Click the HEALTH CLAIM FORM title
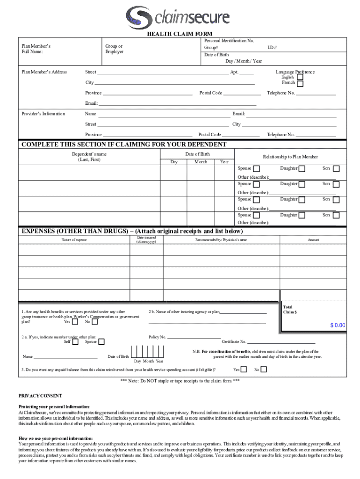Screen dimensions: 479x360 [x=180, y=34]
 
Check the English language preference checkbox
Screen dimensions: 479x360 [x=300, y=77]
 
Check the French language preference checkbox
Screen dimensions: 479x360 [x=300, y=84]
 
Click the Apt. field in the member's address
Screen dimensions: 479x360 [x=246, y=73]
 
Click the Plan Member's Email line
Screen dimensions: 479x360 [x=177, y=103]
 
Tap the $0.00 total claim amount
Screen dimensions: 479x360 [x=337, y=325]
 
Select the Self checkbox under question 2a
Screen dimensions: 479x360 [x=75, y=342]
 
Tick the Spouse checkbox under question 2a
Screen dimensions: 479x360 [x=101, y=342]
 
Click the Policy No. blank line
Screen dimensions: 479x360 [x=194, y=336]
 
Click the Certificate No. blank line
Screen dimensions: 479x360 [x=281, y=341]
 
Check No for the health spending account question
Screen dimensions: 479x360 [x=264, y=370]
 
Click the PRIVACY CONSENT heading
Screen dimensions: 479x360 [x=40, y=395]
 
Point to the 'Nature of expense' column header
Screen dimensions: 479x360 [x=74, y=240]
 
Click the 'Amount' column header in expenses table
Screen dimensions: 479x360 [x=313, y=240]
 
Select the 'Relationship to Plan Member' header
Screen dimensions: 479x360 [x=290, y=157]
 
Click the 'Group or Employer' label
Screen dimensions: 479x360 [x=114, y=49]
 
